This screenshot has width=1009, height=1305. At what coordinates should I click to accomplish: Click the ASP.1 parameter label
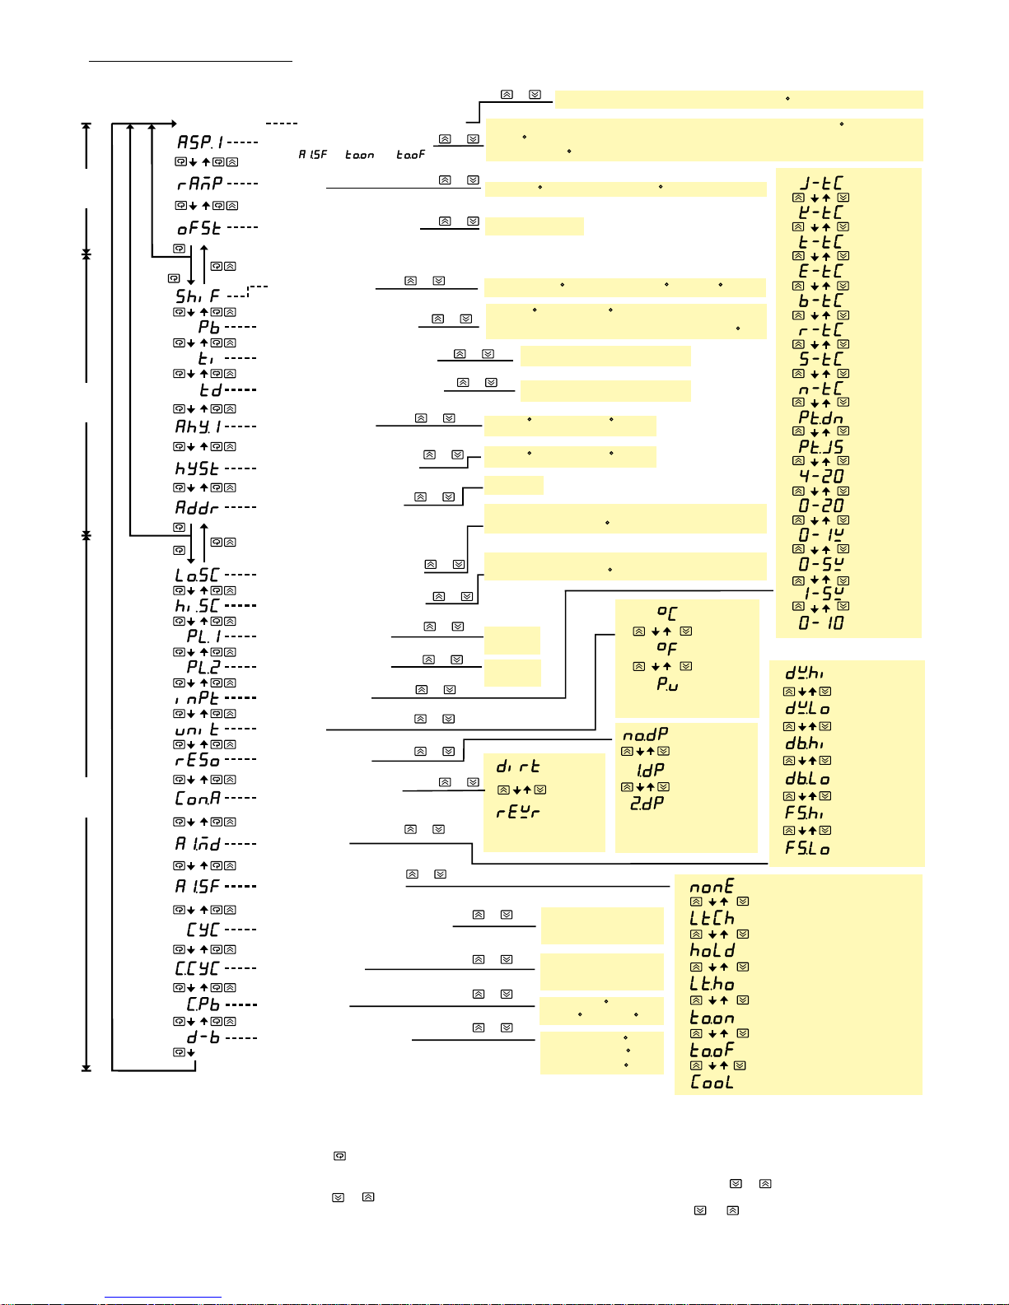point(200,142)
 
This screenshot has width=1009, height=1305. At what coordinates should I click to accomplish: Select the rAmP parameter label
point(199,184)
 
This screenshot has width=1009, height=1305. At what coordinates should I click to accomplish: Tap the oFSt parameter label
point(199,228)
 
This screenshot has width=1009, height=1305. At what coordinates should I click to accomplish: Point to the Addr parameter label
point(197,508)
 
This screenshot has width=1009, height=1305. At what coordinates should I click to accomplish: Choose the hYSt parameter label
point(197,468)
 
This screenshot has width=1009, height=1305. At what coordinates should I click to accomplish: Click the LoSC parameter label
point(198,575)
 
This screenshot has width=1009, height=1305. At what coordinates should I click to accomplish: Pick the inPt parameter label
point(197,698)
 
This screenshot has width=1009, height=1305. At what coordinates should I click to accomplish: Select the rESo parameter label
point(198,760)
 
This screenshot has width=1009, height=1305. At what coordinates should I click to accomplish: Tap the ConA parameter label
point(198,798)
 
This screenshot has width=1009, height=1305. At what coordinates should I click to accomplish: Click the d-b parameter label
point(203,1037)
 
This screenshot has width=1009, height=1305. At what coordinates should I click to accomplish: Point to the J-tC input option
point(821,183)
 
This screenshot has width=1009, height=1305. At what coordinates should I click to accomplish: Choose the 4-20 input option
point(821,476)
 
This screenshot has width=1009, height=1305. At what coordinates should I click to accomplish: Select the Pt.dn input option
point(821,417)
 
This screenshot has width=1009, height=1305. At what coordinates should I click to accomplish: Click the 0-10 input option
point(821,623)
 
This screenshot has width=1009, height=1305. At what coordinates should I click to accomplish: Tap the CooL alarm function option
point(712,1082)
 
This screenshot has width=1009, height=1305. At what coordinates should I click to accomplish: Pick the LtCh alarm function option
point(712,918)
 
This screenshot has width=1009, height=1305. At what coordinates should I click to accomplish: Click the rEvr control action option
point(518,813)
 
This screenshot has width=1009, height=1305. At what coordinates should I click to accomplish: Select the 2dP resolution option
point(647,803)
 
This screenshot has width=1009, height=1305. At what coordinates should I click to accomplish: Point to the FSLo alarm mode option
point(807,848)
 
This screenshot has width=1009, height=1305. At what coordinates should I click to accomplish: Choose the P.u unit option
point(667,684)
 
